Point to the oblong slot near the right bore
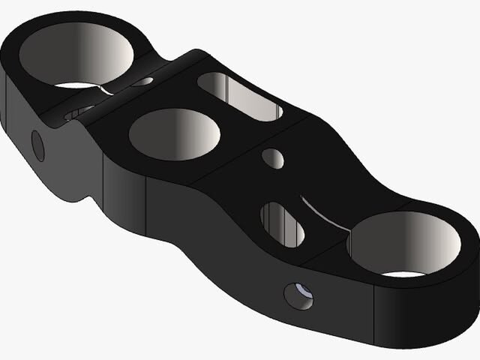282,223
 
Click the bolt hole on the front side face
297,297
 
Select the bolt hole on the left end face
38,145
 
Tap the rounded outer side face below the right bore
420,311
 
